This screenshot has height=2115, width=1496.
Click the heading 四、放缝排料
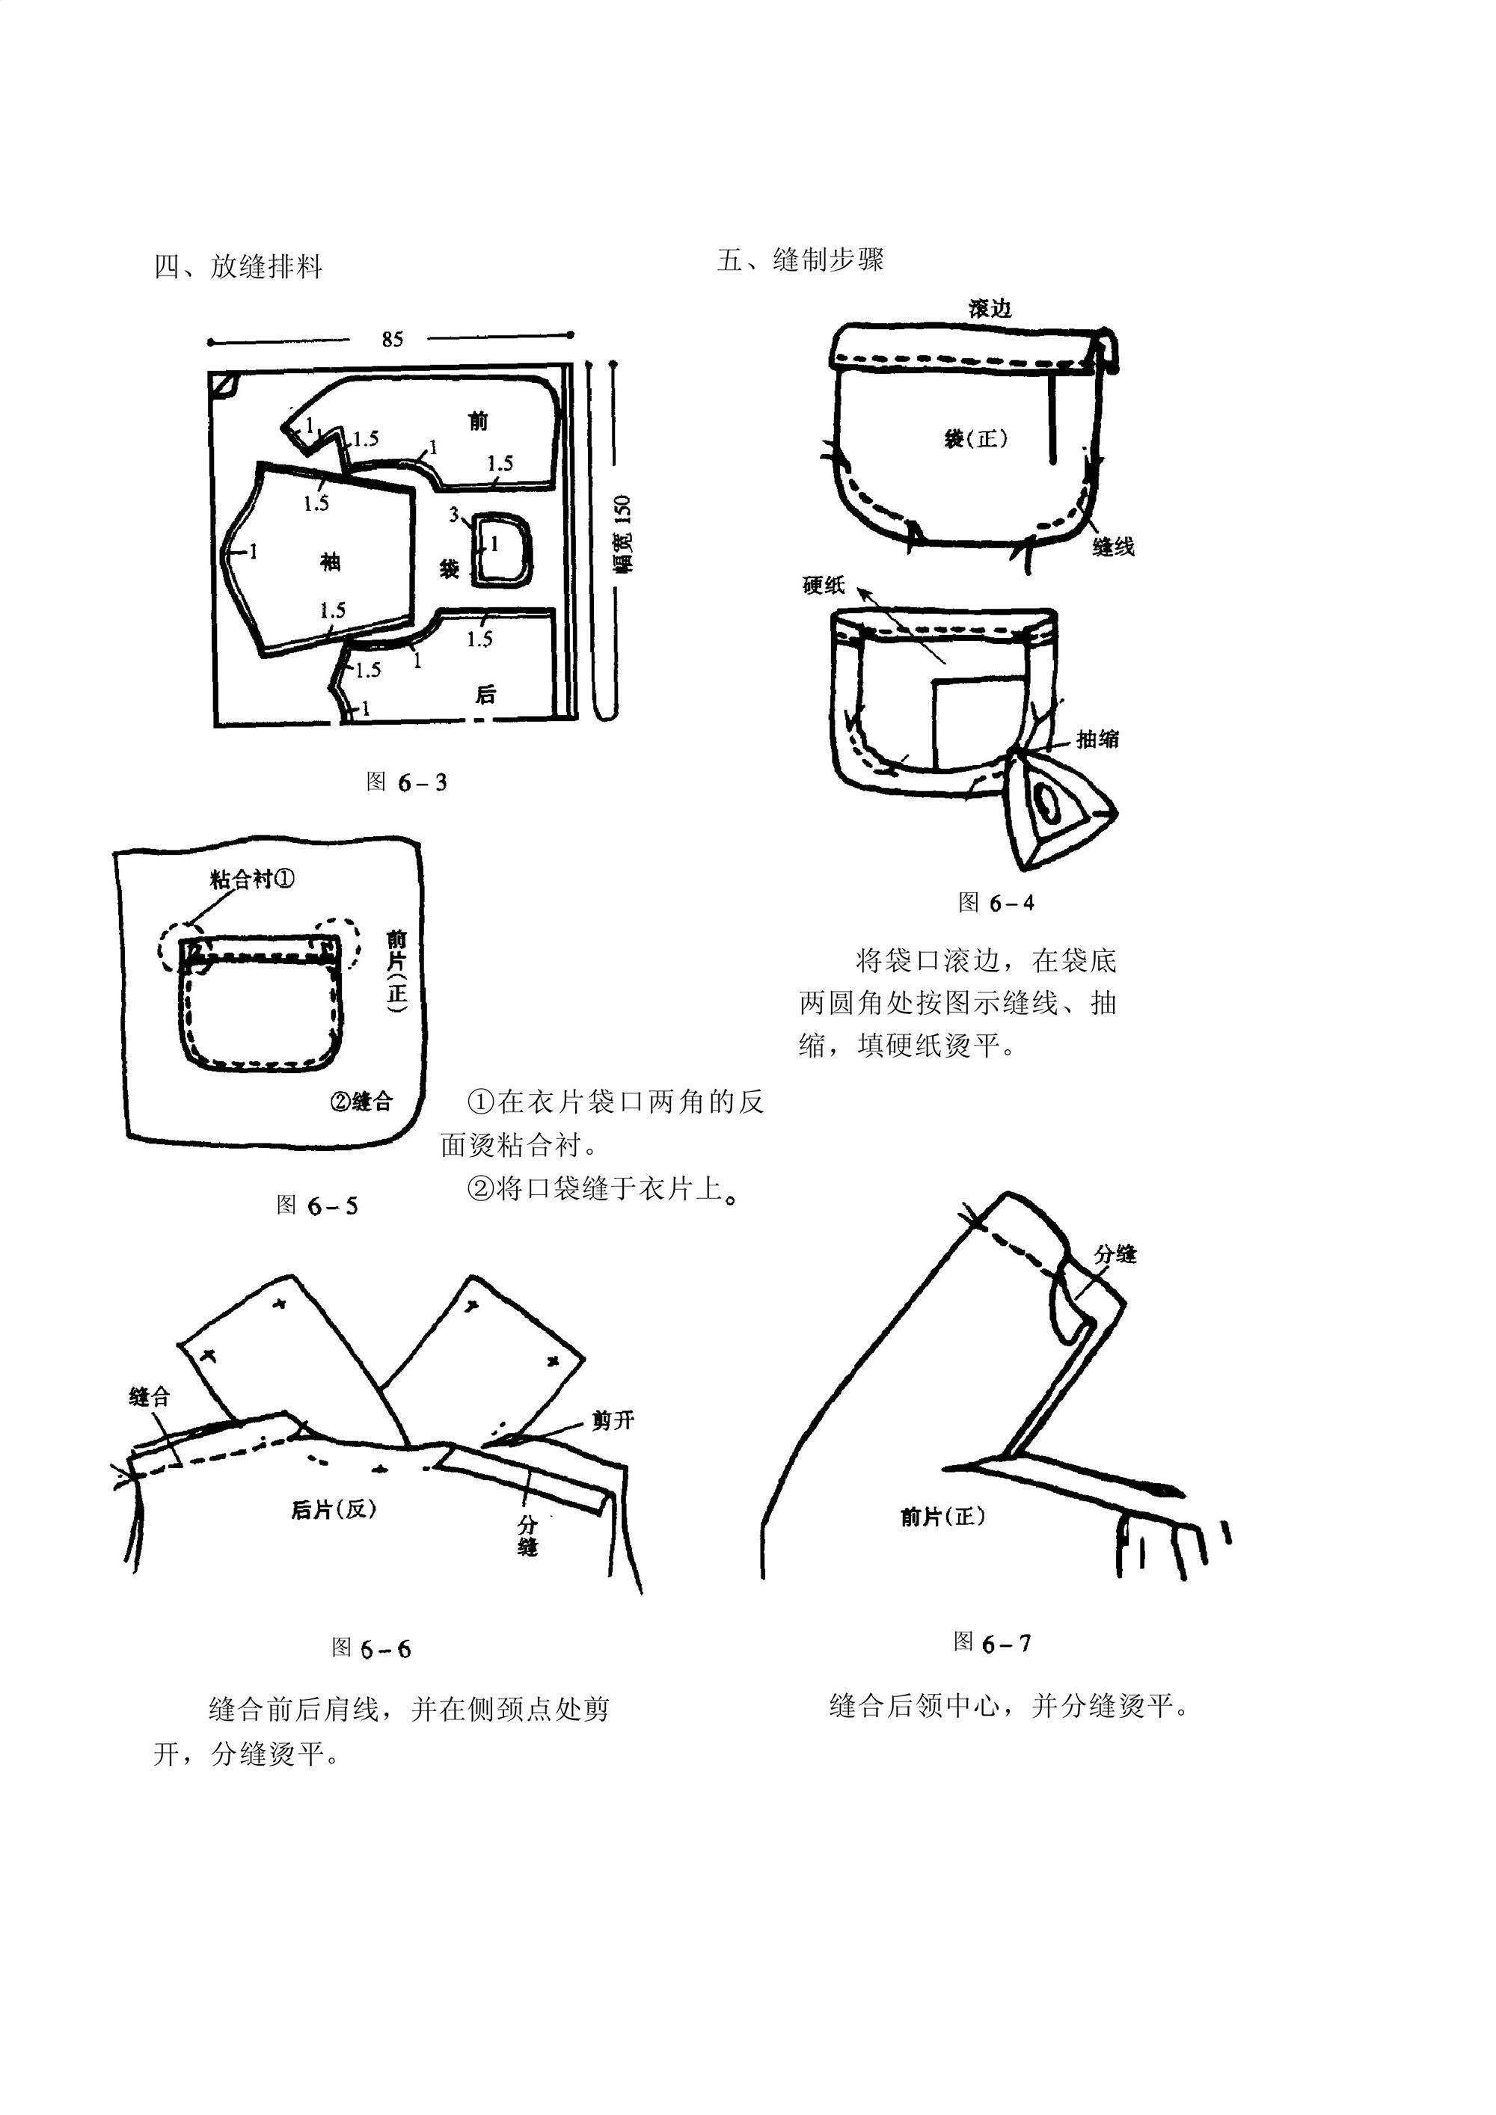click(x=239, y=267)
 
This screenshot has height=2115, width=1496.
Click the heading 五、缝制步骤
click(x=800, y=260)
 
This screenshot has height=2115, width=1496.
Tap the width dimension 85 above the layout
click(x=393, y=340)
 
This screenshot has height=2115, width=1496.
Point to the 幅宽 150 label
click(x=624, y=533)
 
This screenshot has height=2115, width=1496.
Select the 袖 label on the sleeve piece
click(x=330, y=562)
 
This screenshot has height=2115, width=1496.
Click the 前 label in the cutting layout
click(x=478, y=421)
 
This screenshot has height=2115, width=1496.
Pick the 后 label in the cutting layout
click(x=485, y=695)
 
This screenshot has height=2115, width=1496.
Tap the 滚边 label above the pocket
click(x=990, y=310)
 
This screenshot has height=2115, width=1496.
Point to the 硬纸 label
click(x=823, y=586)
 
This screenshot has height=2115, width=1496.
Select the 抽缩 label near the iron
click(x=1098, y=739)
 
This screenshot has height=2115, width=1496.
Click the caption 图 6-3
click(x=406, y=782)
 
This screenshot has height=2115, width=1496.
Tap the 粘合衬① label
click(x=251, y=879)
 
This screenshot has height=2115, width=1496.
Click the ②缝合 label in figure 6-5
click(x=361, y=1101)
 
